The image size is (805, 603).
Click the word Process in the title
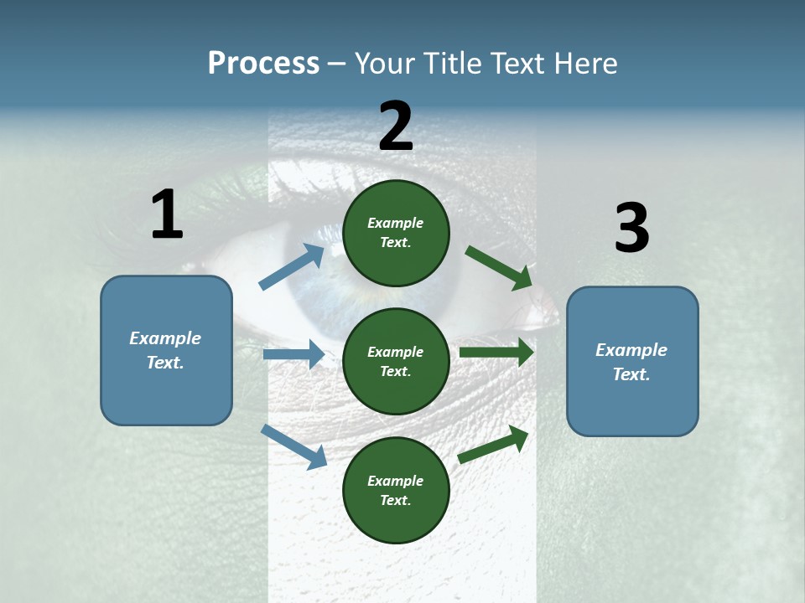pyautogui.click(x=263, y=64)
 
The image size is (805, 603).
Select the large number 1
pyautogui.click(x=167, y=215)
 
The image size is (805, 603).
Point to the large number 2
pyautogui.click(x=396, y=126)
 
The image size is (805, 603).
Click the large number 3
pyautogui.click(x=631, y=229)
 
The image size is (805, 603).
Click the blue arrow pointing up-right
pyautogui.click(x=293, y=266)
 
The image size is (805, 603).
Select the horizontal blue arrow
pyautogui.click(x=293, y=354)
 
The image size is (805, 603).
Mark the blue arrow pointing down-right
pyautogui.click(x=294, y=446)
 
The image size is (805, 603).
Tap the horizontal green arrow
pyautogui.click(x=496, y=353)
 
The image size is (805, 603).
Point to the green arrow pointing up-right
pyautogui.click(x=494, y=444)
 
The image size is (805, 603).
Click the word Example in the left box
pyautogui.click(x=165, y=338)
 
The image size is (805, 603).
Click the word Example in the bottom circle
pyautogui.click(x=395, y=481)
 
